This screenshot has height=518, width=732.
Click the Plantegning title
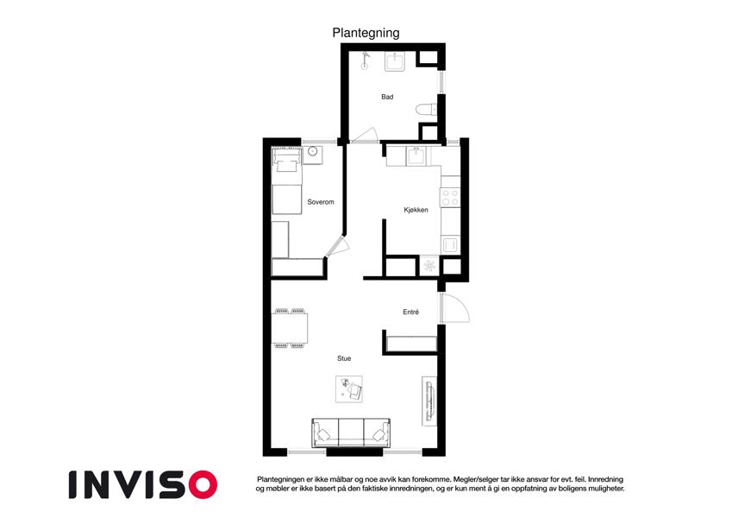click(366, 33)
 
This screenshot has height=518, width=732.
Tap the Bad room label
click(387, 97)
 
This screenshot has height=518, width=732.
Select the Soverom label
click(320, 202)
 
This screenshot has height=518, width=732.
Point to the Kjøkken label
click(416, 210)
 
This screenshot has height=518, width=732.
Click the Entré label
click(410, 312)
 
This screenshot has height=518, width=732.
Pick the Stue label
click(344, 358)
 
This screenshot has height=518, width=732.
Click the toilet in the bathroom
click(426, 110)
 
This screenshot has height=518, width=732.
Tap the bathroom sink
click(396, 61)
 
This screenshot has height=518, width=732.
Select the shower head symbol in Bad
click(365, 60)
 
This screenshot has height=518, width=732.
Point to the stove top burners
click(451, 198)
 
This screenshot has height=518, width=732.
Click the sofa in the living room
click(351, 433)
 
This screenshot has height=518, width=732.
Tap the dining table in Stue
click(290, 328)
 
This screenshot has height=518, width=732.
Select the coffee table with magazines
click(349, 389)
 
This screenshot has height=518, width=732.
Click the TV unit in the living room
click(429, 401)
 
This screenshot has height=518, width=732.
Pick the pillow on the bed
click(286, 165)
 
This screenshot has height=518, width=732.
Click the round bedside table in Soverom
click(312, 151)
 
